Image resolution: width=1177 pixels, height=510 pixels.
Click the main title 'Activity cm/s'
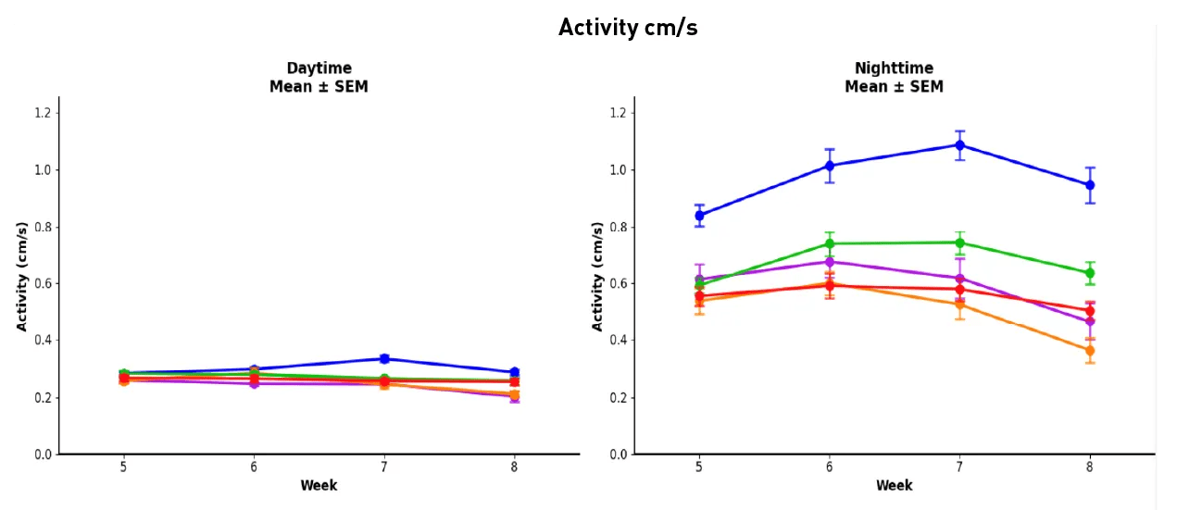pyautogui.click(x=628, y=29)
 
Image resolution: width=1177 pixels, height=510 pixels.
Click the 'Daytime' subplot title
pyautogui.click(x=319, y=68)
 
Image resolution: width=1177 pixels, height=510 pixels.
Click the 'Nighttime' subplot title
pyautogui.click(x=894, y=68)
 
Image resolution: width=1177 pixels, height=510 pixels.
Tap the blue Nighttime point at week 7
pyautogui.click(x=959, y=145)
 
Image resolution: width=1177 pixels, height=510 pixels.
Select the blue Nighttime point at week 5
pyautogui.click(x=699, y=215)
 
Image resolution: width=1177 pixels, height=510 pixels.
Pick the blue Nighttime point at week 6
pyautogui.click(x=830, y=166)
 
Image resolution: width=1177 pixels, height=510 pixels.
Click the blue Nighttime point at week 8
pyautogui.click(x=1089, y=185)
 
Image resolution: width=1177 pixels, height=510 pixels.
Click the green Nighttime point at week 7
pyautogui.click(x=959, y=243)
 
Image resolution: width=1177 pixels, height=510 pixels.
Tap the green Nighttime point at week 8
pyautogui.click(x=1089, y=273)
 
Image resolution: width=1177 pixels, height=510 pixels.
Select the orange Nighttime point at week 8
pyautogui.click(x=1089, y=351)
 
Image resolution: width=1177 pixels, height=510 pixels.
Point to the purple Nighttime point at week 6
pyautogui.click(x=830, y=262)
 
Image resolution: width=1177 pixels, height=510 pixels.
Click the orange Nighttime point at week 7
pyautogui.click(x=959, y=305)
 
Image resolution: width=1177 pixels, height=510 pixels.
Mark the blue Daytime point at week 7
pyautogui.click(x=384, y=359)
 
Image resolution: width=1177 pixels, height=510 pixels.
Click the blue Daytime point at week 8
pyautogui.click(x=514, y=372)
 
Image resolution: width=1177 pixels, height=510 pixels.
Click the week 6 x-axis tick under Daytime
pyautogui.click(x=254, y=467)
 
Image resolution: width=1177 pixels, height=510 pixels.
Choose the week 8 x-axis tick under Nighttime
pyautogui.click(x=1089, y=467)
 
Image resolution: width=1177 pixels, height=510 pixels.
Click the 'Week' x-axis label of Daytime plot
pyautogui.click(x=319, y=486)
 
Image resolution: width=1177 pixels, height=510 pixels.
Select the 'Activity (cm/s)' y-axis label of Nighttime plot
pyautogui.click(x=598, y=276)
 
